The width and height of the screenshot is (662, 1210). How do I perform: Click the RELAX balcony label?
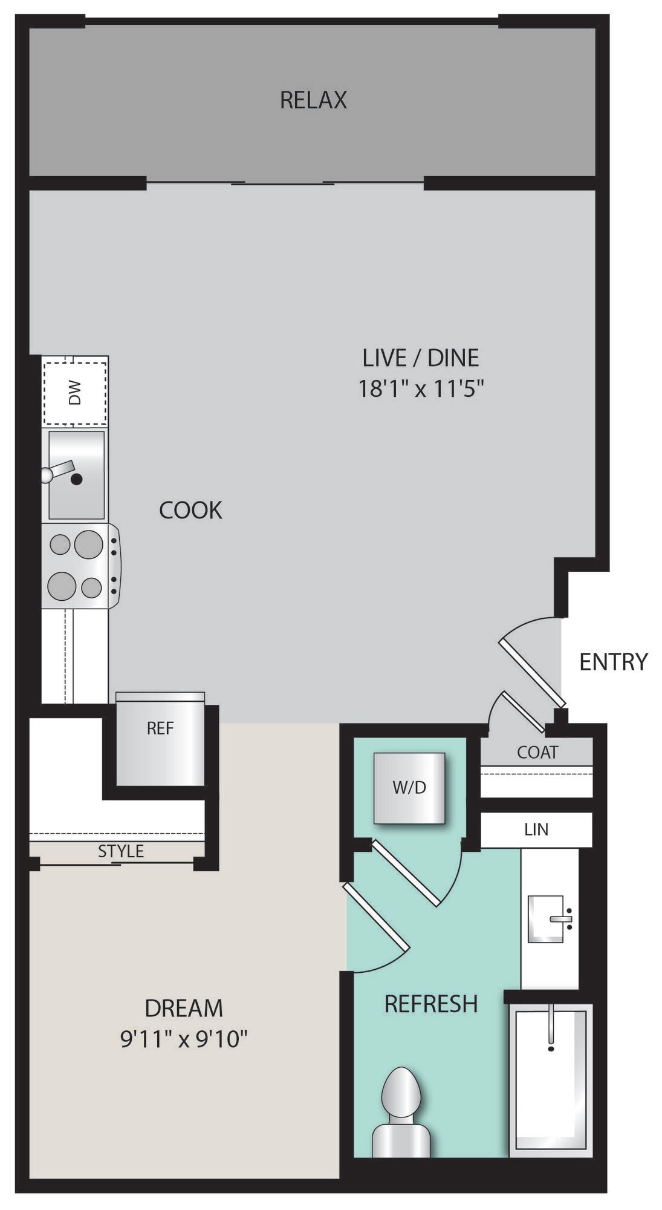[x=313, y=100]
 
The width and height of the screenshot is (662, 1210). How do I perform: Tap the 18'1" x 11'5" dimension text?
[x=421, y=388]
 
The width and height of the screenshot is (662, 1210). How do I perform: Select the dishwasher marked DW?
[x=75, y=391]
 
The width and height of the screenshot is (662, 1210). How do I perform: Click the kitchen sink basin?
[x=76, y=475]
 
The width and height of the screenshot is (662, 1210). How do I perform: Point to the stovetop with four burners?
[x=81, y=566]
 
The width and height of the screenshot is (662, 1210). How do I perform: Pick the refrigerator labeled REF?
[x=160, y=739]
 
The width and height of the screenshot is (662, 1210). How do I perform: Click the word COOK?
[x=190, y=510]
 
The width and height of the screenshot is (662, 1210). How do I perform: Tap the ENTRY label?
[x=613, y=661]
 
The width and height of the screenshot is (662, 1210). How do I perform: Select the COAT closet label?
[x=537, y=752]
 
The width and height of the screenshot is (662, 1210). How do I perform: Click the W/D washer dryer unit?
[x=409, y=788]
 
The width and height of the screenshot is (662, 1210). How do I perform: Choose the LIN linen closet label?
[x=536, y=829]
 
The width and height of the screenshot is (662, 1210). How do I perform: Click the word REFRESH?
[x=431, y=1004]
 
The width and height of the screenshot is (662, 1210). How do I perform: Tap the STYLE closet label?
[x=121, y=851]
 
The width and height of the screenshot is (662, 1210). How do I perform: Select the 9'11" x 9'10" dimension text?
[x=184, y=1039]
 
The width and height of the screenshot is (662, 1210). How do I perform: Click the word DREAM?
[x=184, y=1008]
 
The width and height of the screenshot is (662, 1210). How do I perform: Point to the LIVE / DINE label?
[x=421, y=358]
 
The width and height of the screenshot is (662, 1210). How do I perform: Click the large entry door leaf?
[x=533, y=672]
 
